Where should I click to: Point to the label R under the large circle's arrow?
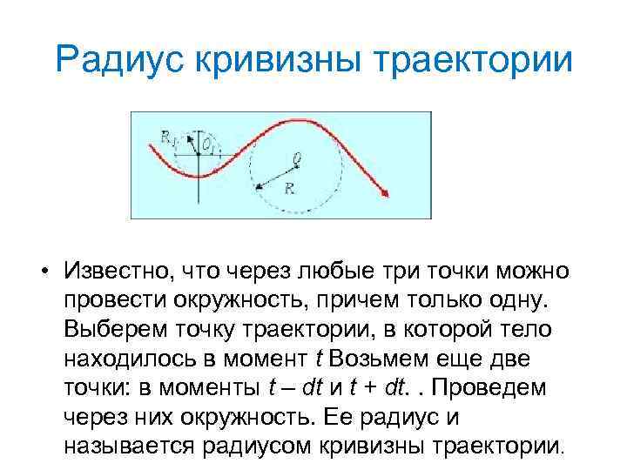(x=288, y=186)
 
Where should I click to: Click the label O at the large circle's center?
(x=297, y=158)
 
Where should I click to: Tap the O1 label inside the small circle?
(x=209, y=144)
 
